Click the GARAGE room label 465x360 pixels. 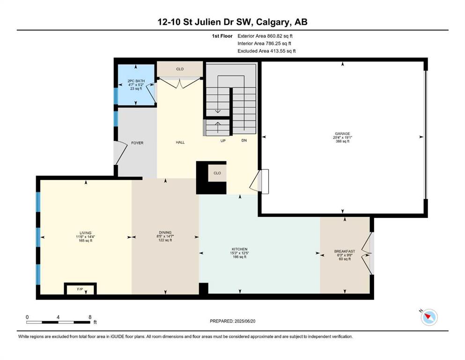click(x=342, y=134)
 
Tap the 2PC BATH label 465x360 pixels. click(x=136, y=81)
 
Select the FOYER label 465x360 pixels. click(x=137, y=143)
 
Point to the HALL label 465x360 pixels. click(x=180, y=142)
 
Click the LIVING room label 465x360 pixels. click(x=85, y=233)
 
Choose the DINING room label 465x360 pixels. click(x=165, y=232)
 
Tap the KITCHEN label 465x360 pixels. click(x=240, y=249)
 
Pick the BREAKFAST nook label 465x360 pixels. click(x=345, y=251)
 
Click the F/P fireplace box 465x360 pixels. click(x=81, y=289)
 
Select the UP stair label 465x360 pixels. click(x=223, y=141)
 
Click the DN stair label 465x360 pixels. click(x=244, y=140)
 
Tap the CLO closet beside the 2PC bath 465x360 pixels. click(x=180, y=69)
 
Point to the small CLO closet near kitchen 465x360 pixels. click(x=217, y=173)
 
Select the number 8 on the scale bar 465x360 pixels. click(x=90, y=317)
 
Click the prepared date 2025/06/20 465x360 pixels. click(x=244, y=321)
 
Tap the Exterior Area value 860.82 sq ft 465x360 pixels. click(x=280, y=36)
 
